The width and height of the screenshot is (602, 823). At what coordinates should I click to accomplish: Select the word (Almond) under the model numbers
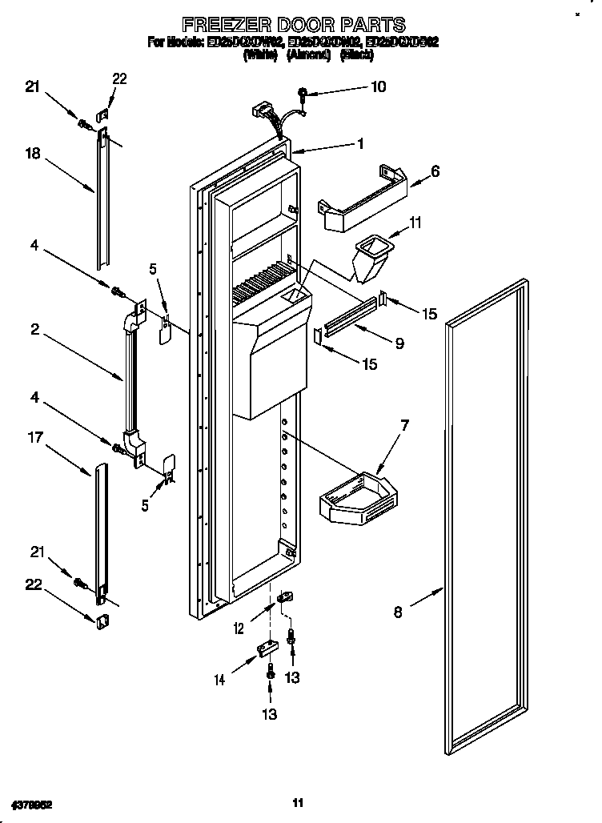(308, 54)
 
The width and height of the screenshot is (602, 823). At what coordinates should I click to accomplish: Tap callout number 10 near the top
(378, 86)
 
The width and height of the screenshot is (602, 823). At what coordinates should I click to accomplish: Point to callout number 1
(361, 144)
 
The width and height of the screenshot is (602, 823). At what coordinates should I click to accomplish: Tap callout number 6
(435, 171)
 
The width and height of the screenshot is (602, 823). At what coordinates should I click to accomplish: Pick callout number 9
(398, 343)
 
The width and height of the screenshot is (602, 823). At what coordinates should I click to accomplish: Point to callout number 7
(405, 425)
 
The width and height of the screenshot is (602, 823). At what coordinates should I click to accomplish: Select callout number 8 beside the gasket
(398, 614)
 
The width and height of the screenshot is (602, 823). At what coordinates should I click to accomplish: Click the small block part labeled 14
(264, 648)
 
